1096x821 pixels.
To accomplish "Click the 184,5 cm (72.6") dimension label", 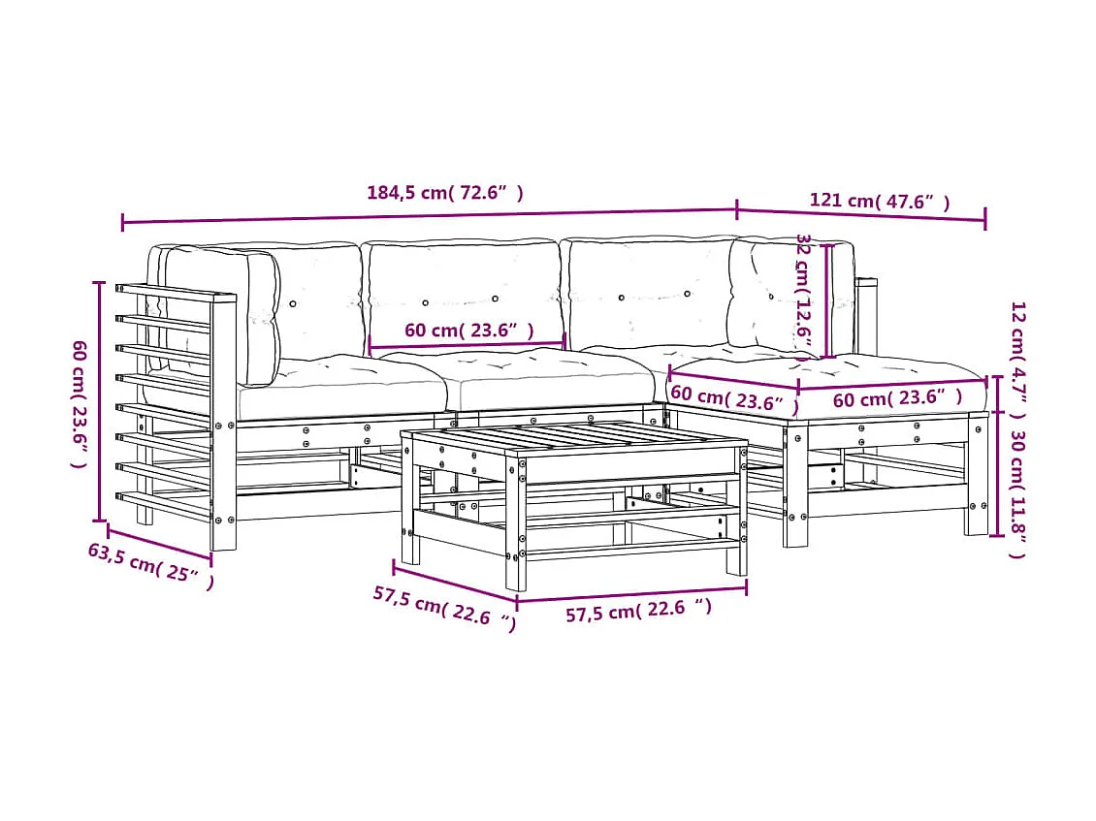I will (445, 193).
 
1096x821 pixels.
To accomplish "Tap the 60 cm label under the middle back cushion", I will (468, 331).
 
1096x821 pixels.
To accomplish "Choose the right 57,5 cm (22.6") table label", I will (638, 610).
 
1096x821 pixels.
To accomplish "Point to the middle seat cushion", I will (548, 380).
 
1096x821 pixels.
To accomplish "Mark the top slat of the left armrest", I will (175, 292).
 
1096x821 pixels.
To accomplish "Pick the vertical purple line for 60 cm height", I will (99, 401).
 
